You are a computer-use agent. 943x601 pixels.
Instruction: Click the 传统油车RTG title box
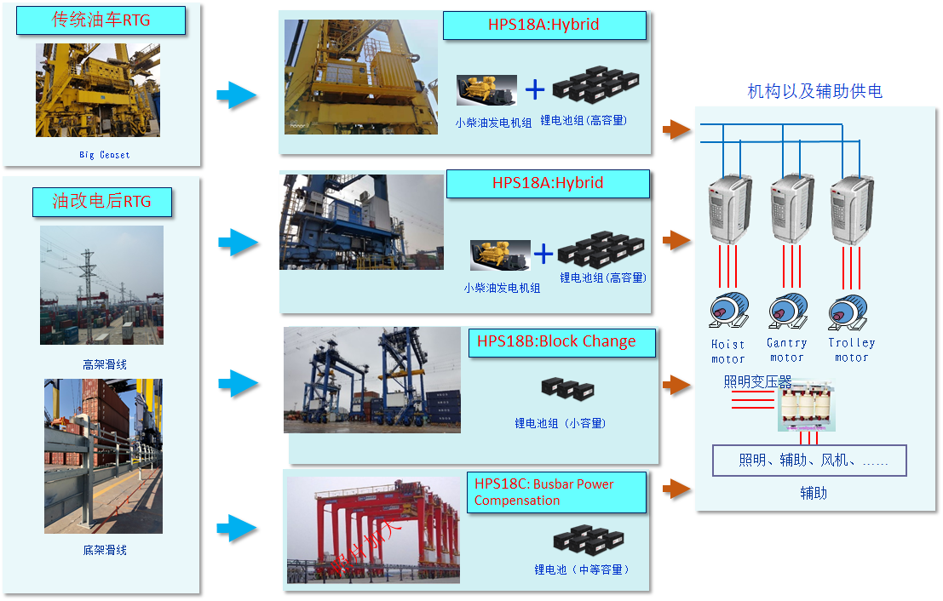coord(101,20)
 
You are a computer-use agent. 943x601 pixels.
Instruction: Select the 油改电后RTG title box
coord(101,202)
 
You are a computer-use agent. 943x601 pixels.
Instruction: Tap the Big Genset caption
coord(104,155)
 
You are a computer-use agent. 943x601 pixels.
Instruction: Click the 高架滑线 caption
coord(104,364)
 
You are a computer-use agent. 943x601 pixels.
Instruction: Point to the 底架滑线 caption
coord(104,550)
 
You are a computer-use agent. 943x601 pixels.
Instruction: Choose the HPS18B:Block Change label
coord(561,342)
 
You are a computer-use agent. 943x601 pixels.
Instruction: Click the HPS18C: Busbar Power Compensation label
coord(555,492)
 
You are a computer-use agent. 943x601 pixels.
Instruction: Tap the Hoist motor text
coord(727,352)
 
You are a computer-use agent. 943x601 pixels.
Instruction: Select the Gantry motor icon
coord(787,312)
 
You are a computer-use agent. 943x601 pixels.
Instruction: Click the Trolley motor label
coord(851,350)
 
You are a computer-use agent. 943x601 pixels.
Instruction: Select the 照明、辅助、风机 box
coord(809,461)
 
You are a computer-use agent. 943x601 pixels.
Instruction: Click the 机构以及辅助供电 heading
coord(814,91)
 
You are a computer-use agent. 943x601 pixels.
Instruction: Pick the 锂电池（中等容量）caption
coord(582,570)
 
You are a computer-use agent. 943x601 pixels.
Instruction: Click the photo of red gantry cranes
coord(372,529)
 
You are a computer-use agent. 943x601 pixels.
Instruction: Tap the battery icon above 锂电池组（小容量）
coord(567,390)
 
